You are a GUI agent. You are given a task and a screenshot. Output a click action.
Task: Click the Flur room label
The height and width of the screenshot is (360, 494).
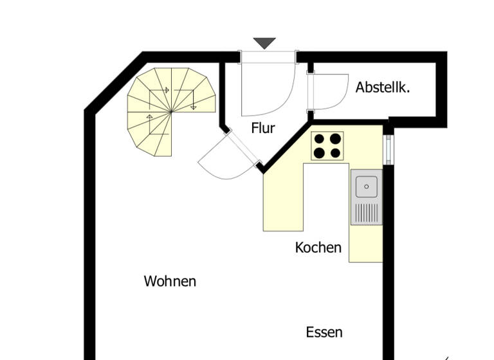[x=263, y=128]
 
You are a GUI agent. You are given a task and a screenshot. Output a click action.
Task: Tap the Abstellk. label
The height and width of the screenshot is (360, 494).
[x=383, y=87]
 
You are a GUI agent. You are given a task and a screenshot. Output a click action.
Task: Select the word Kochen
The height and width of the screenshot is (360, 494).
[x=318, y=247]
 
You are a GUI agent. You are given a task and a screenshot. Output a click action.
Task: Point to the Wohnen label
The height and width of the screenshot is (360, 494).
[x=170, y=281]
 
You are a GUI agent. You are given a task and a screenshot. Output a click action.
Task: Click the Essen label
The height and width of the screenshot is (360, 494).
[x=324, y=332]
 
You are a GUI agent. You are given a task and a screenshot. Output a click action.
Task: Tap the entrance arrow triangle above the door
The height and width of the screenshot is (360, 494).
[x=264, y=43]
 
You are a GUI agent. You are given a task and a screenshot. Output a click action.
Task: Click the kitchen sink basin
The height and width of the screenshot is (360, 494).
[x=366, y=186]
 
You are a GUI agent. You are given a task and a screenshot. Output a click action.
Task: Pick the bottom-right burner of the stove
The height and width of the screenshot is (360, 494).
[x=335, y=153]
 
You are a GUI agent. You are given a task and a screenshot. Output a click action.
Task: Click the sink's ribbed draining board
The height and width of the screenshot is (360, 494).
[x=366, y=212]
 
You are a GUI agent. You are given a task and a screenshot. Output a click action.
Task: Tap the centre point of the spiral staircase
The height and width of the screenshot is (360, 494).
[x=171, y=112]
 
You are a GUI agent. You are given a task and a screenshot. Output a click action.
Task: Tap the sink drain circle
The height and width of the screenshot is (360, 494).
[x=366, y=186]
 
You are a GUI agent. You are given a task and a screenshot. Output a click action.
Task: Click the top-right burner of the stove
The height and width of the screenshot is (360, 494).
[x=335, y=138]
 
